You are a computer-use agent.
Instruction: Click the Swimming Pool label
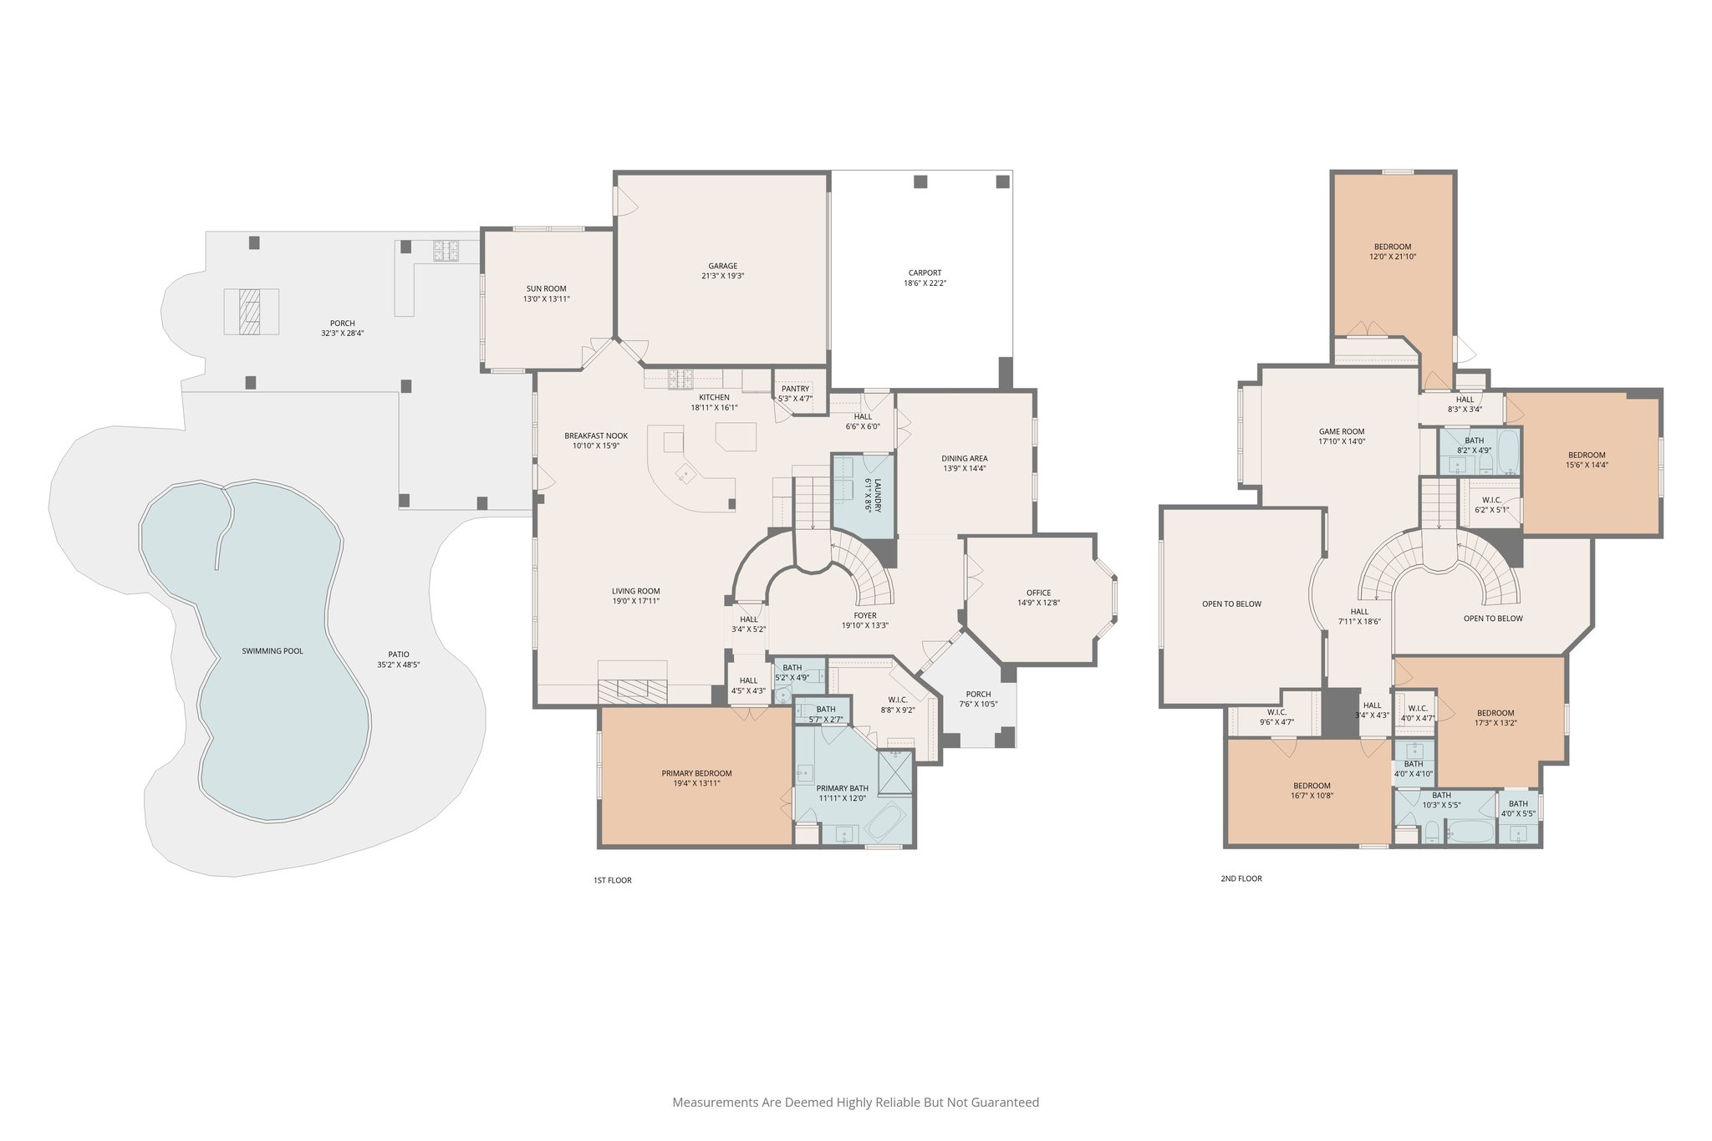(x=273, y=650)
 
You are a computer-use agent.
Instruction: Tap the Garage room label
(x=723, y=267)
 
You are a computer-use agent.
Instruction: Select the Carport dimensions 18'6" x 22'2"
(x=925, y=283)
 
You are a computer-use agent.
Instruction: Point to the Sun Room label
(x=546, y=288)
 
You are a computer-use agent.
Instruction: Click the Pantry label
(x=795, y=389)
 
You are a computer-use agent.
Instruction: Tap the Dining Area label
(x=965, y=458)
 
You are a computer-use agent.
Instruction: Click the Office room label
(x=1038, y=593)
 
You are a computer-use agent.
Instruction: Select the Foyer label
(x=865, y=615)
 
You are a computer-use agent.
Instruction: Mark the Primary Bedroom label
(x=696, y=773)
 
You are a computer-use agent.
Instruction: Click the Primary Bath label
(x=842, y=788)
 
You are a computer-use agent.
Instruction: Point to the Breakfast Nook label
(x=595, y=436)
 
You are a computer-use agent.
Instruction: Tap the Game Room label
(x=1342, y=432)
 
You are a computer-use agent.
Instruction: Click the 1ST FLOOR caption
(x=613, y=880)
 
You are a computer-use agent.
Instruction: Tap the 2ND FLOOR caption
(x=1241, y=879)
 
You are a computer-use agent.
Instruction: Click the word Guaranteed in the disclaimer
(x=1006, y=1103)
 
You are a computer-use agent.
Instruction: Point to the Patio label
(x=399, y=655)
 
